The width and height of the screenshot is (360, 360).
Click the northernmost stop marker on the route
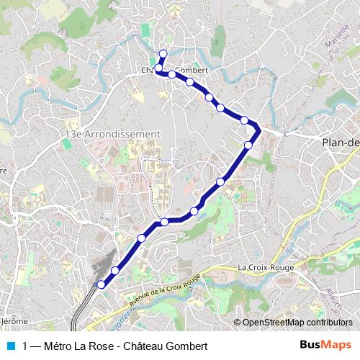point(163,53)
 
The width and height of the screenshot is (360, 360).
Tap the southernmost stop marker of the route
point(101,284)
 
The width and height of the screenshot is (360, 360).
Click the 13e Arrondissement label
point(112,134)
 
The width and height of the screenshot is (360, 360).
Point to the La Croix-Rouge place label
point(261,268)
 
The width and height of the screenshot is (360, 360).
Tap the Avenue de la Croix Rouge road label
point(164,287)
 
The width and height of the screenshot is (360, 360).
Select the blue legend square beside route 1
point(11,346)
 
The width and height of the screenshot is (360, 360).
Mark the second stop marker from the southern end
point(115,270)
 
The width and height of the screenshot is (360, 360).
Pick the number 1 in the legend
point(26,346)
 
